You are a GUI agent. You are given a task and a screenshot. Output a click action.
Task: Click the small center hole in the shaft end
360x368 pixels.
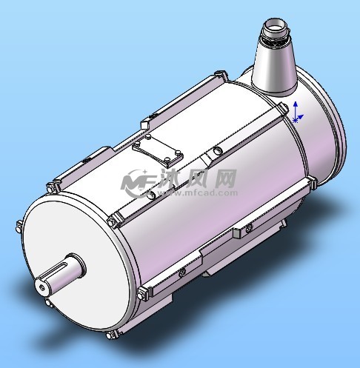pos(42,287)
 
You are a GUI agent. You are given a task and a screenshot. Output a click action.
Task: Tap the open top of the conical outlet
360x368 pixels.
pos(276,24)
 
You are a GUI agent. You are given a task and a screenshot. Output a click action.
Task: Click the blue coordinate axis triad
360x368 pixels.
pos(297,113)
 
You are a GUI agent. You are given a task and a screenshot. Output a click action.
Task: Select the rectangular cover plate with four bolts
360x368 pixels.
pos(158,150)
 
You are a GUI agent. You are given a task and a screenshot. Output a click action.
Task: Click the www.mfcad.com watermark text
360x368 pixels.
pos(198,193)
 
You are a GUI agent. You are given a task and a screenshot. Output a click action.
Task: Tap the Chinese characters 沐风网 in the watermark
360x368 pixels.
pos(198,178)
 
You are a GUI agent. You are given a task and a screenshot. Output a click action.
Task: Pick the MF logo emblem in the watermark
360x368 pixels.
pos(139,183)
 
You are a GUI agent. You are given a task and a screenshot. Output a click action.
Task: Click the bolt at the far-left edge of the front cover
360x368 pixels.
pos(19,226)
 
